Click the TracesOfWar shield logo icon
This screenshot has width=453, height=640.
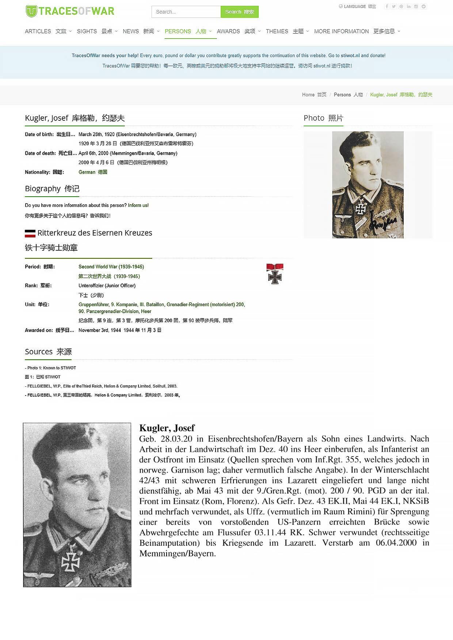31,11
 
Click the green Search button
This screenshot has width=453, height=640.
239,12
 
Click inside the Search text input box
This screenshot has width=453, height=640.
186,12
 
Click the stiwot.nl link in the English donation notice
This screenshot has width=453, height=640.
350,55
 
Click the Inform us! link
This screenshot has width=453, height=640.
138,205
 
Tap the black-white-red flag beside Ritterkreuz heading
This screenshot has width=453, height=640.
30,233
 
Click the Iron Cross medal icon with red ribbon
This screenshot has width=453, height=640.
275,274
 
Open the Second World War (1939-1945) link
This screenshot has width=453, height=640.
111,267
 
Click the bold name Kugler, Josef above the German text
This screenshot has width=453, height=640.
167,428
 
